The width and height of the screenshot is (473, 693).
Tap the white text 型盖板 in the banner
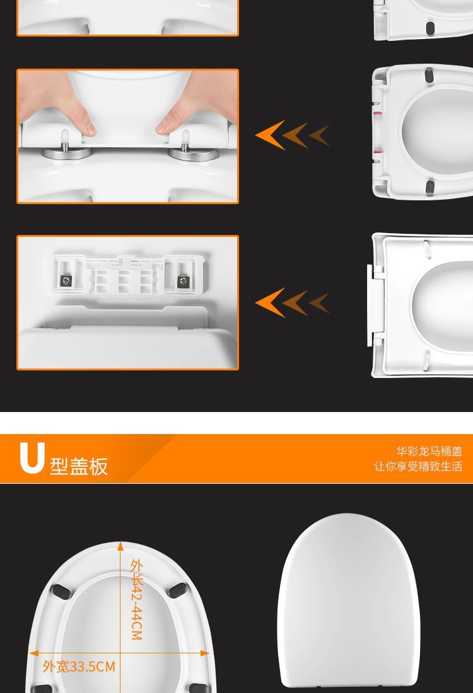(x=79, y=465)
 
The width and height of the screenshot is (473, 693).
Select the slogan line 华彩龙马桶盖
(x=429, y=451)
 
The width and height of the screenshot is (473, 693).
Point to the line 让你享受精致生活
(x=418, y=467)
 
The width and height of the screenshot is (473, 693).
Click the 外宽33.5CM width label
(x=79, y=667)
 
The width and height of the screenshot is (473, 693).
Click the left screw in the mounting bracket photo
(x=65, y=280)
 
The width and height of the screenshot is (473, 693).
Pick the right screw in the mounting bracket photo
(x=183, y=280)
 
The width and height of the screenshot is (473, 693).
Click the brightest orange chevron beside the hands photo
(x=269, y=134)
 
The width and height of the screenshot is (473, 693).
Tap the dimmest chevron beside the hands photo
(x=320, y=135)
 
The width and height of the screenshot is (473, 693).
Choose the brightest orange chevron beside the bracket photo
(x=269, y=303)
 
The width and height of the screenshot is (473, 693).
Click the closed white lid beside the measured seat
(x=349, y=602)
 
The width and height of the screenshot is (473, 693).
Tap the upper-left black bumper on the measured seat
(x=61, y=591)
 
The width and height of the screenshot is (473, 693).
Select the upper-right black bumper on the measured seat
(x=178, y=590)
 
